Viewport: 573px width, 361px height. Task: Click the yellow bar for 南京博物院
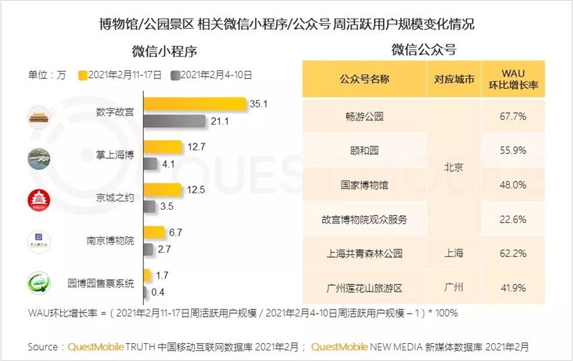pyautogui.click(x=154, y=233)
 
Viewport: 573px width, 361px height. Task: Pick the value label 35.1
pyautogui.click(x=259, y=105)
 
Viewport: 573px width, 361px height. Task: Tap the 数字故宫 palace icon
pyautogui.click(x=39, y=116)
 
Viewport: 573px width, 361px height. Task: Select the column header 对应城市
pyautogui.click(x=450, y=79)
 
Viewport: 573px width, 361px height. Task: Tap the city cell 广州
pyautogui.click(x=450, y=288)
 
